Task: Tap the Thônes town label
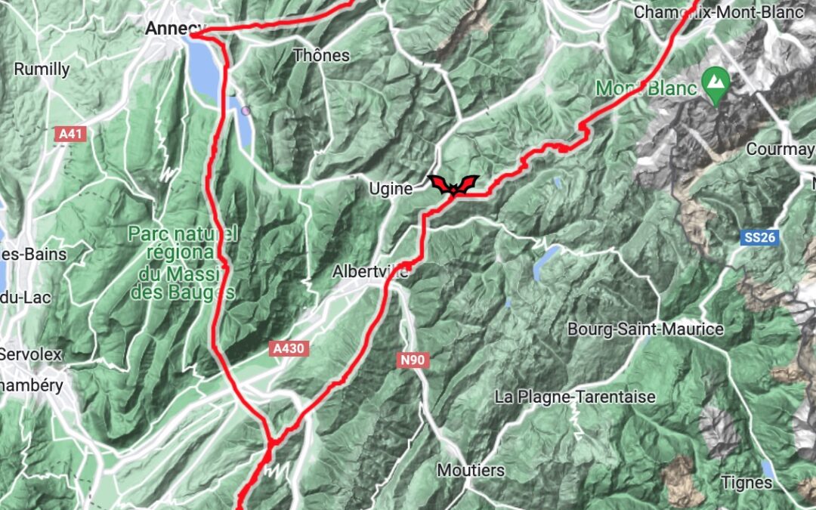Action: (321, 55)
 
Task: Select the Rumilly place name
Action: (42, 70)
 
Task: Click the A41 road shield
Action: (72, 134)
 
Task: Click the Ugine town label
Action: (391, 189)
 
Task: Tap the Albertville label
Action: (370, 271)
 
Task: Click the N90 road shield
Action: (413, 360)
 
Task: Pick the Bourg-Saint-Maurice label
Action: (645, 329)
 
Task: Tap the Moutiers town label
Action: (471, 470)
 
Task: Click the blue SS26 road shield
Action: (759, 237)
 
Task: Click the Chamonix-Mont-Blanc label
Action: (718, 12)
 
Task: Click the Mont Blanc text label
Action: (646, 88)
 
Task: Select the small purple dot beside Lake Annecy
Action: (246, 110)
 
